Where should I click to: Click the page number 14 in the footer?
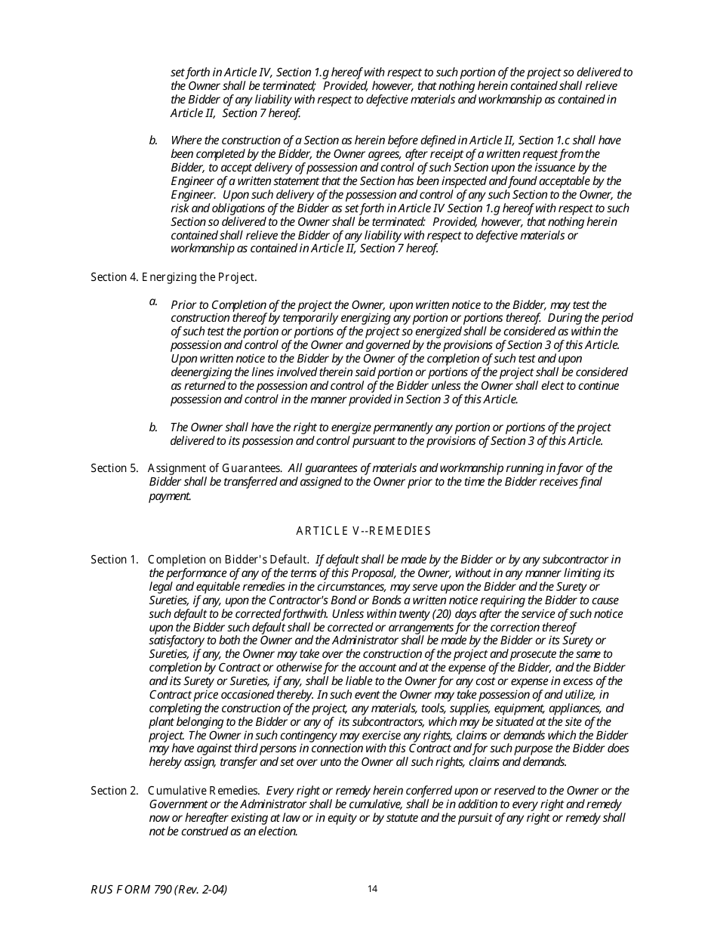coord(372,889)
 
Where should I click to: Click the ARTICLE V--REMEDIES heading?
coord(363,531)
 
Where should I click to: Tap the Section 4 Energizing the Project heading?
coord(174,277)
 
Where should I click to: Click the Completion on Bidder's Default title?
coord(228,560)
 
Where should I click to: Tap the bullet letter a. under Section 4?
coord(153,302)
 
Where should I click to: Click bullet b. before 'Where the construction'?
coord(153,140)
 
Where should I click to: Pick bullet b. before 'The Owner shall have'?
coord(153,427)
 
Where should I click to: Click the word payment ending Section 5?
coord(170,496)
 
